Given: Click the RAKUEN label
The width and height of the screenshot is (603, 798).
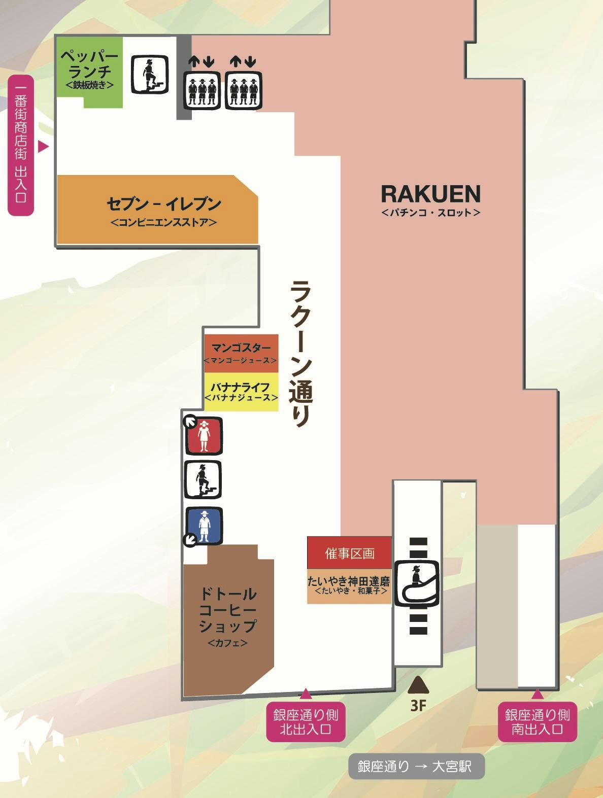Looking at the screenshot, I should coord(430,194).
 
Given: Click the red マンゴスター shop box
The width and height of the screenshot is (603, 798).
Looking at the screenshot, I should coord(241,353).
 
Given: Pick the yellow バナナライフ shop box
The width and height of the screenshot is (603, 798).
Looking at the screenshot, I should coord(241,392).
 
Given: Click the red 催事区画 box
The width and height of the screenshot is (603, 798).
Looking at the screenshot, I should coord(349,553).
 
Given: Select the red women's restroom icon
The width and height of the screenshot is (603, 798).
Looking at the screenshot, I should coord(204,435).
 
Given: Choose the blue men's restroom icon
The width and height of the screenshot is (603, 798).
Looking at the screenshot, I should coord(204,526).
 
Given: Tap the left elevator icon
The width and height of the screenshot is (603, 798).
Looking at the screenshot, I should coord(202,89).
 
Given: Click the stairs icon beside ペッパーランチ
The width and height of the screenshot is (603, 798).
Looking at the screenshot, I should coord(150,74).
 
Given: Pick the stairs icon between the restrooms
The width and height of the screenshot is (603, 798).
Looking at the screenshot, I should coord(203,479).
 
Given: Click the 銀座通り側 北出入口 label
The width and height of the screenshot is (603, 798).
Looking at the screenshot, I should coord(306,721).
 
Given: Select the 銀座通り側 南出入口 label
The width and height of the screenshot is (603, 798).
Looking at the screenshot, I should coord(537,721).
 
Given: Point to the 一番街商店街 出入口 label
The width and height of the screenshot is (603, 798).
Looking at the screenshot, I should coord(21,146).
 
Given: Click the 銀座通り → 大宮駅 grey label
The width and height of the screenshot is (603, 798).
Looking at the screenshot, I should coord(416,766).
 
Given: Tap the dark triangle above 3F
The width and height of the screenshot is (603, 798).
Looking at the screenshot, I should coord(418,685).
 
